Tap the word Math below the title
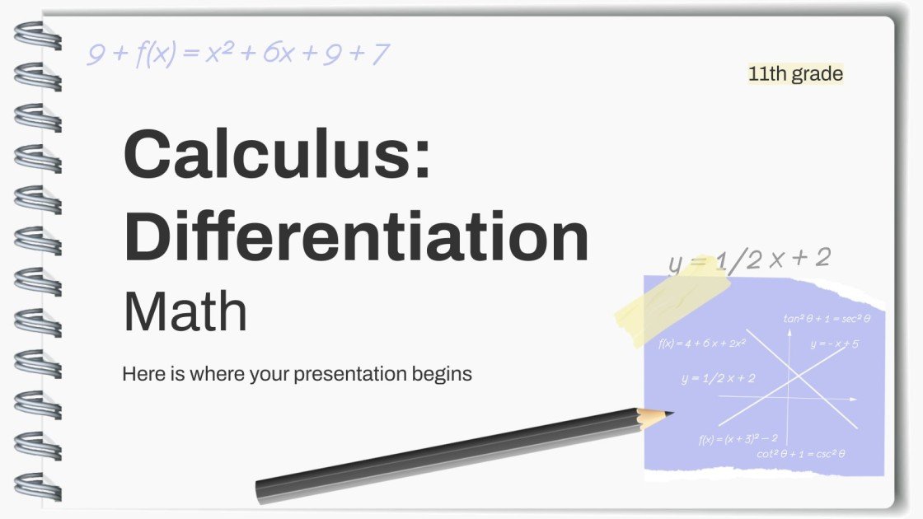[x=185, y=311]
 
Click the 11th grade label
[x=795, y=74]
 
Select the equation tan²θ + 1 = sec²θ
[x=827, y=318]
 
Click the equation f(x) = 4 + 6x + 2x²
[x=702, y=343]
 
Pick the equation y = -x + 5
[x=834, y=344]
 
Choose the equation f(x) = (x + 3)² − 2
[x=738, y=439]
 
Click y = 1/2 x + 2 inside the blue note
[x=718, y=378]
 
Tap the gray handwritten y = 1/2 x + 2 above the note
[x=748, y=259]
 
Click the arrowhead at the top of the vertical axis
[x=789, y=333]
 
